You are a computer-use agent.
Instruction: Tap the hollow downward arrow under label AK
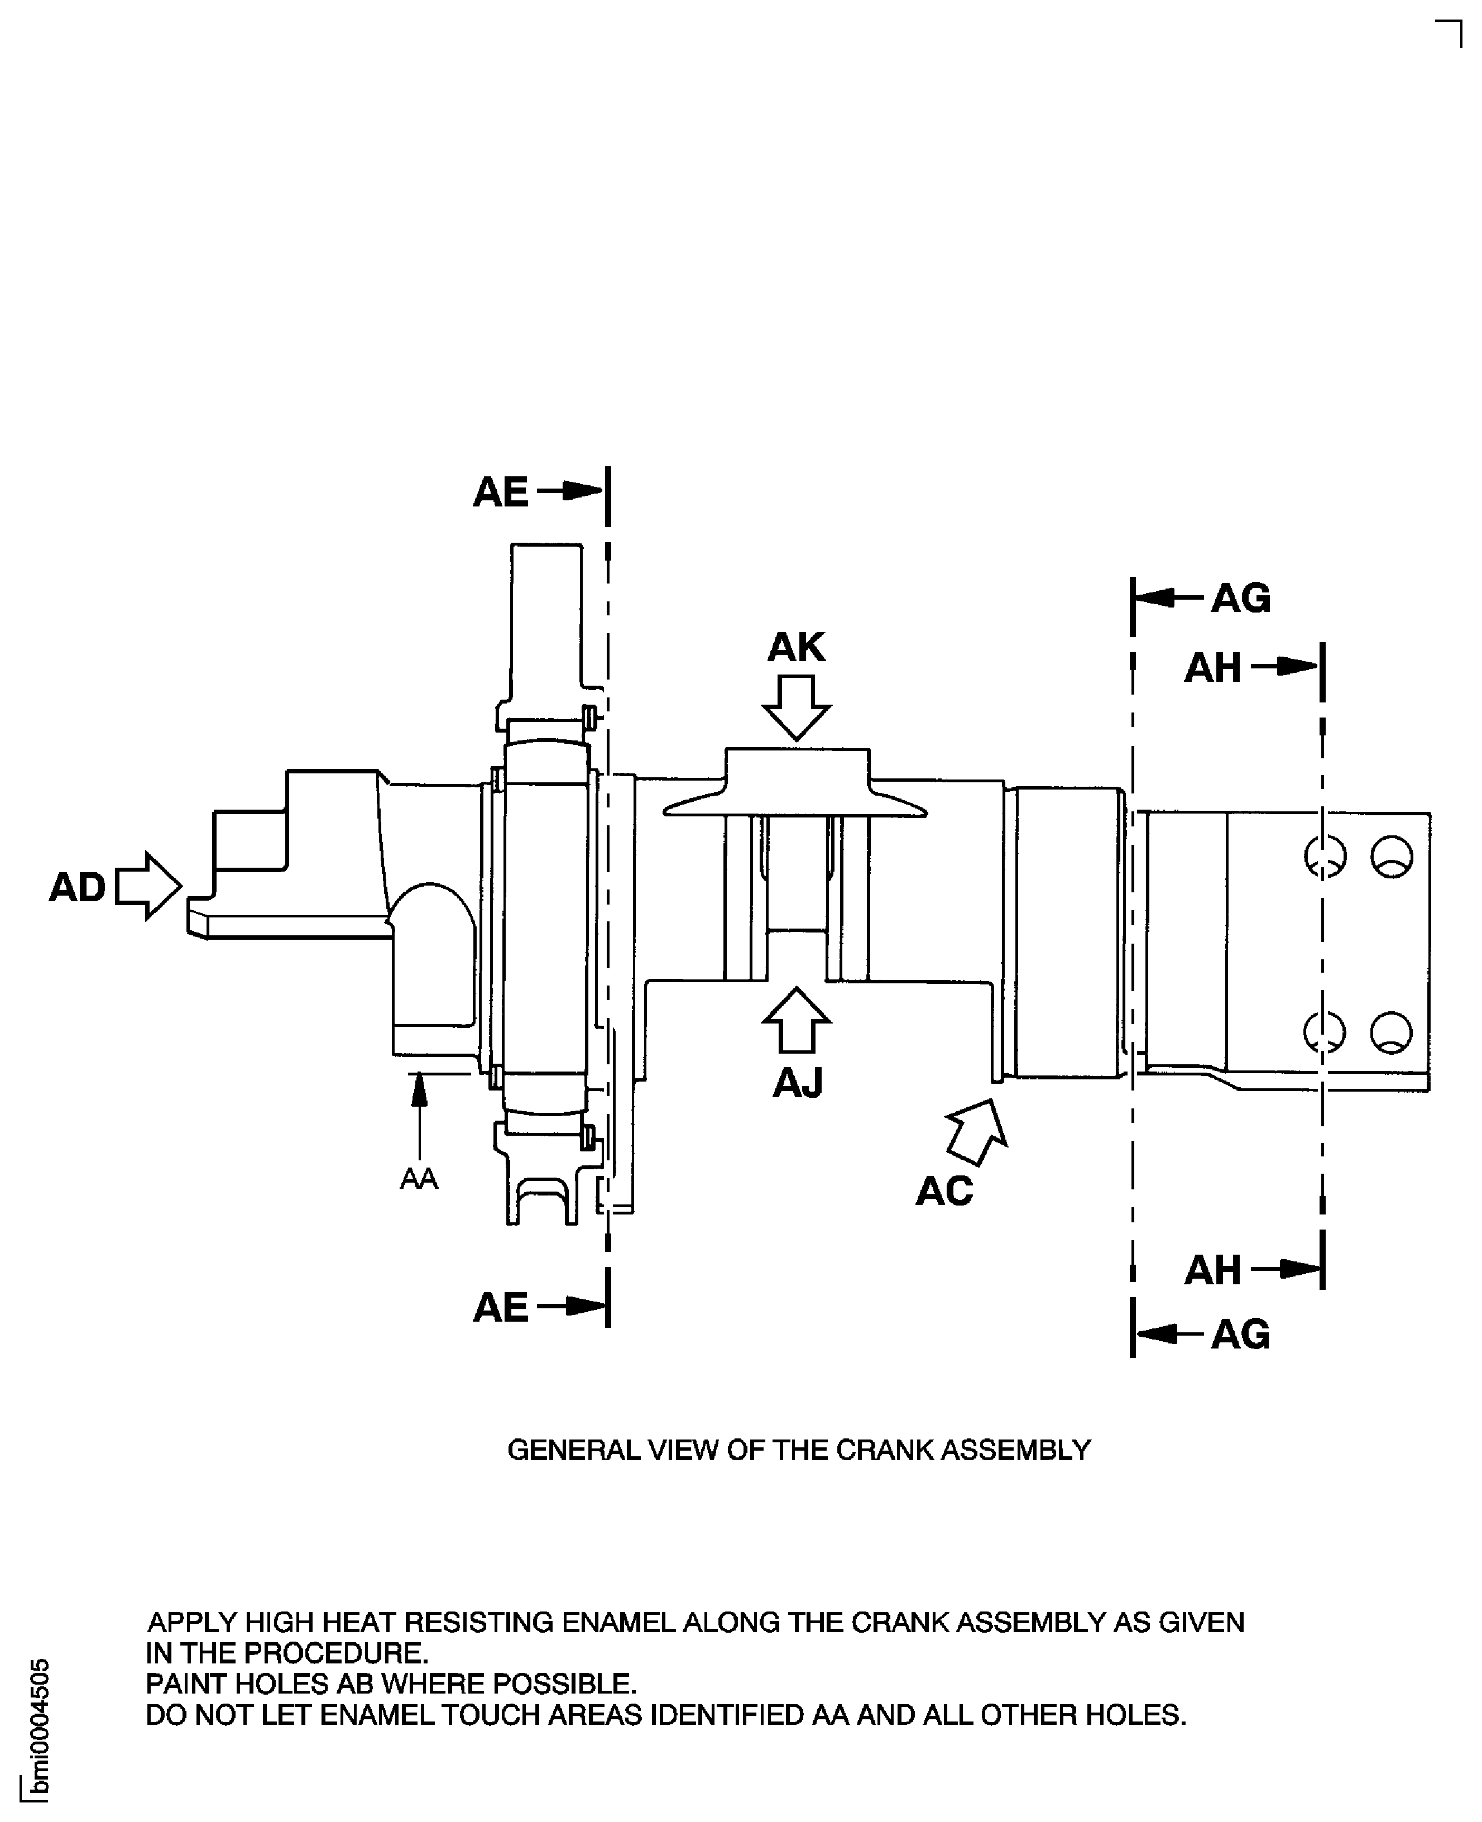tap(795, 707)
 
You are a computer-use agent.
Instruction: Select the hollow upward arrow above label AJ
tap(795, 1020)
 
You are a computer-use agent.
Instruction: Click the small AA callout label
tap(418, 1179)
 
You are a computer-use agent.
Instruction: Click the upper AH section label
tap(1212, 668)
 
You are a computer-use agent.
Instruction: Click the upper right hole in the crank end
tap(1392, 857)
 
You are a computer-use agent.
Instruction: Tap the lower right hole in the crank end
tap(1392, 1031)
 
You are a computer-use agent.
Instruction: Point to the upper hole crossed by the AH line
tap(1325, 857)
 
